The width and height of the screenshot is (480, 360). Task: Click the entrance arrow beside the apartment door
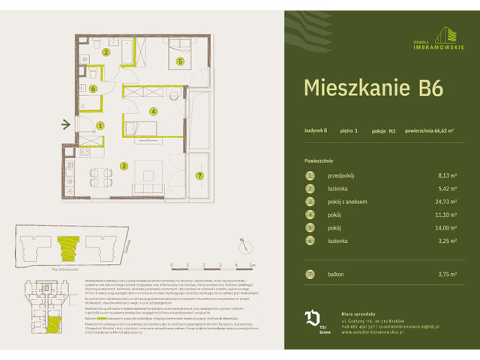click(67, 124)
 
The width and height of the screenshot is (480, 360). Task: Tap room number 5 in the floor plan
click(180, 61)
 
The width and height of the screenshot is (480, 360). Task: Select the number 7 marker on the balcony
click(199, 175)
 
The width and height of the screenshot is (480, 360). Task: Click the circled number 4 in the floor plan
click(153, 112)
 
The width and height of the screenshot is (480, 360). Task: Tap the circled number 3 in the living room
click(124, 166)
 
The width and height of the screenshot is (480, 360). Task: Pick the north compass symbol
click(244, 244)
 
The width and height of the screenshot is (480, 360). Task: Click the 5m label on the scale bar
click(253, 265)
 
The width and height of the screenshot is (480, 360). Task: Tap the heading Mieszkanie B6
click(373, 87)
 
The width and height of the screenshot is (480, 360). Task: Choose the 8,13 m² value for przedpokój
click(445, 175)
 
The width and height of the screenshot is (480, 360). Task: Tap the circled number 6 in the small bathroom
click(93, 88)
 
